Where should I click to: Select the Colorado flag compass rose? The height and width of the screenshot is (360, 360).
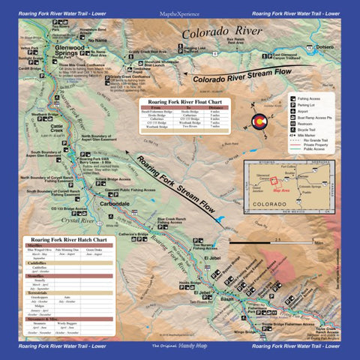click(x=276, y=121)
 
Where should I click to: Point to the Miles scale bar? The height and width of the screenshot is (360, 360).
click(x=277, y=243)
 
